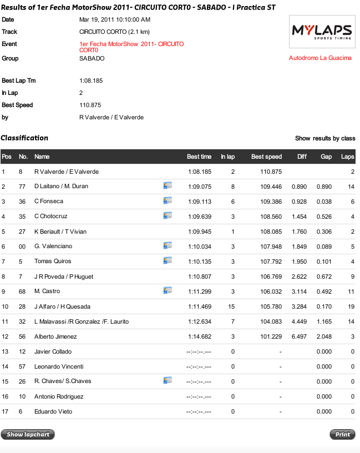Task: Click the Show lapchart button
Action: click(28, 435)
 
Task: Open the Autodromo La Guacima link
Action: click(320, 58)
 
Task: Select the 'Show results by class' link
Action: click(325, 138)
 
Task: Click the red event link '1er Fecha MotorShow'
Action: click(131, 47)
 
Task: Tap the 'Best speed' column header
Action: click(266, 157)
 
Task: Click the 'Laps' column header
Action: click(347, 157)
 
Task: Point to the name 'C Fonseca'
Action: click(49, 202)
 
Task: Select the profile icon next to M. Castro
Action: click(168, 290)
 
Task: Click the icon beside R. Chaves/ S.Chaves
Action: click(168, 381)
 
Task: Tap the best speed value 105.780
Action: click(271, 306)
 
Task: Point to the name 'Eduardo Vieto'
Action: click(53, 411)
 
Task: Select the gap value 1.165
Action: click(324, 321)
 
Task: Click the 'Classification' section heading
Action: click(24, 138)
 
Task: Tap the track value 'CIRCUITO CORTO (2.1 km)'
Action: click(114, 32)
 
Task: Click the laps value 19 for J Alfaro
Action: click(351, 306)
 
